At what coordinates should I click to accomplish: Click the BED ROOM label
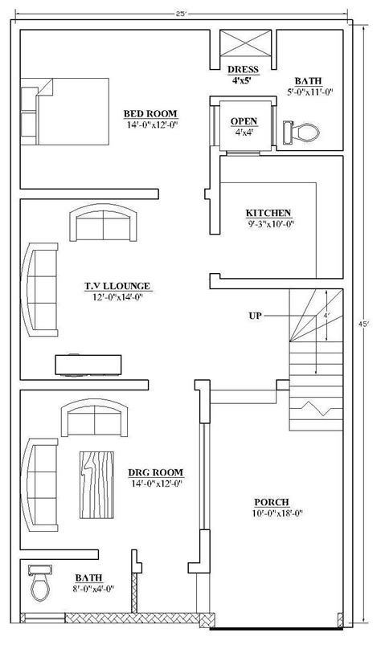pyautogui.click(x=150, y=113)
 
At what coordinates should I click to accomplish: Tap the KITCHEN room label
pyautogui.click(x=268, y=213)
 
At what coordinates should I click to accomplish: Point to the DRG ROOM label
pyautogui.click(x=156, y=472)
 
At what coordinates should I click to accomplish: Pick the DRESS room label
pyautogui.click(x=242, y=69)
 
